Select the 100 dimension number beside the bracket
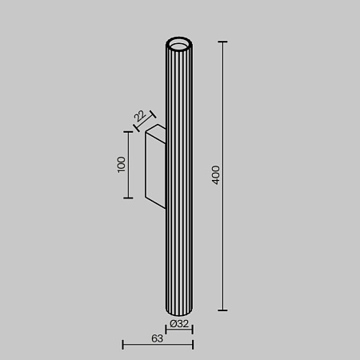click(x=121, y=165)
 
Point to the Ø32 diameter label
click(x=180, y=324)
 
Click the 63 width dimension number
click(x=157, y=339)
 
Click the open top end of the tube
click(x=180, y=42)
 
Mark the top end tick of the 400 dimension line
click(x=223, y=42)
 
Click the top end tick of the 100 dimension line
click(x=128, y=132)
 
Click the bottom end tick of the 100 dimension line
click(x=128, y=198)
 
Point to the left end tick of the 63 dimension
click(x=123, y=345)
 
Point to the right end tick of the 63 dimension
click(x=193, y=345)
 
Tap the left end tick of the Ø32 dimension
click(x=167, y=329)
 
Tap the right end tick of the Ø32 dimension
click(x=193, y=329)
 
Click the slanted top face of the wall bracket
click(x=156, y=131)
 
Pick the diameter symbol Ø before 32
click(x=174, y=324)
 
